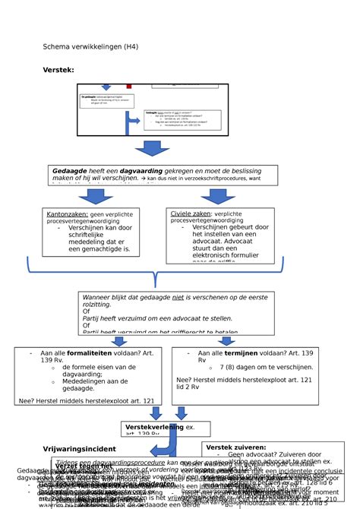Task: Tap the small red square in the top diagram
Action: pos(129,87)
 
